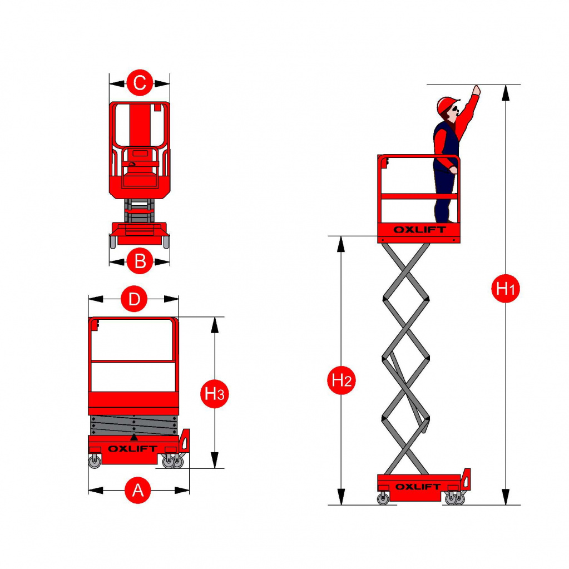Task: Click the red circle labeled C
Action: click(140, 83)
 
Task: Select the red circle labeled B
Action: click(140, 261)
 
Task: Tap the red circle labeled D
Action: click(134, 299)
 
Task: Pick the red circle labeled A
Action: click(137, 490)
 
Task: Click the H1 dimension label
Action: click(506, 289)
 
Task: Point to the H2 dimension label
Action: click(342, 380)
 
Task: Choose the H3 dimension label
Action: click(215, 394)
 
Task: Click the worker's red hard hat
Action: click(447, 105)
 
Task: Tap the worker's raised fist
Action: click(476, 90)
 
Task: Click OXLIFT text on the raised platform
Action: click(420, 230)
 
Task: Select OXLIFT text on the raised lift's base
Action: click(418, 487)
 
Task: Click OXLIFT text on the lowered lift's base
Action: click(132, 448)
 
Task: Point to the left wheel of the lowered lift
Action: click(95, 462)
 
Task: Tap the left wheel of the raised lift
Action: click(383, 498)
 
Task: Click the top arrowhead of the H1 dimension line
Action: click(506, 92)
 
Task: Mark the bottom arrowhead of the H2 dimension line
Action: click(341, 497)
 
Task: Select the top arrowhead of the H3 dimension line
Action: click(215, 325)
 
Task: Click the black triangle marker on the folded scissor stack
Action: click(134, 437)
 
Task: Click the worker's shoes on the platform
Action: click(446, 221)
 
